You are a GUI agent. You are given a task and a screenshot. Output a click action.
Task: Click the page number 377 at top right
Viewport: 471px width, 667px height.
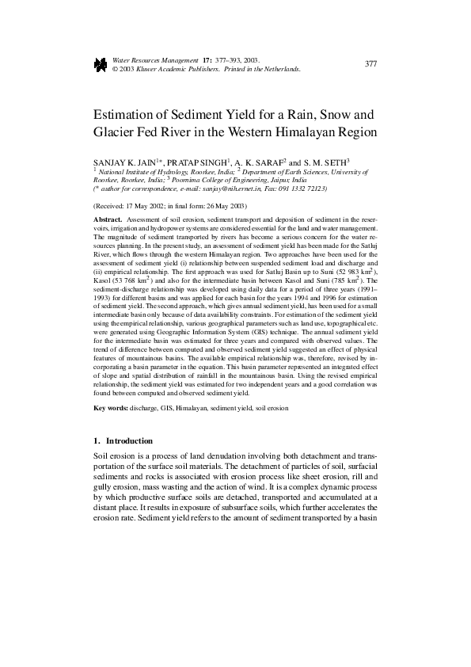(370, 63)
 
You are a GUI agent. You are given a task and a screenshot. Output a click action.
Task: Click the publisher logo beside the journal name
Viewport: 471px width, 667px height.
(100, 65)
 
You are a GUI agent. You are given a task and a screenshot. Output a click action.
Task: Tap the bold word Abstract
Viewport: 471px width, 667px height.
(108, 217)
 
